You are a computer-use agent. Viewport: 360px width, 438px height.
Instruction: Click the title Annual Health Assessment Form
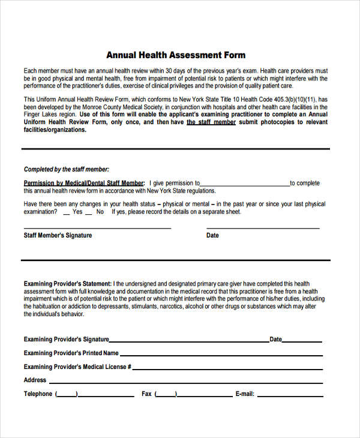click(x=176, y=55)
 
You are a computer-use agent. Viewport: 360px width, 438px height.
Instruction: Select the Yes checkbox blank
click(x=64, y=212)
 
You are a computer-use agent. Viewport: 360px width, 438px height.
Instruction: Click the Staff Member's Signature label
click(x=58, y=235)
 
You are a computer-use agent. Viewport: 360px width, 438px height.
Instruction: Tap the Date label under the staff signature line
click(x=212, y=235)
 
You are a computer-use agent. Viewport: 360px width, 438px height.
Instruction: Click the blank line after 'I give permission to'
click(x=245, y=184)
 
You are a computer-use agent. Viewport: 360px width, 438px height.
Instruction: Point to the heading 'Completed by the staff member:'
click(x=67, y=169)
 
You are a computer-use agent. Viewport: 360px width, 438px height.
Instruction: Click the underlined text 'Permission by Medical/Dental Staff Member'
click(x=84, y=183)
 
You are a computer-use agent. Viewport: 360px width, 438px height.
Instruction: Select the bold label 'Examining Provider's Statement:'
click(x=67, y=283)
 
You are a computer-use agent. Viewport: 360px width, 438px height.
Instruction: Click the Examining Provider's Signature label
click(x=66, y=339)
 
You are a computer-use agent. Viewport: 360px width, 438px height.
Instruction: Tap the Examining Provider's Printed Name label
click(x=71, y=353)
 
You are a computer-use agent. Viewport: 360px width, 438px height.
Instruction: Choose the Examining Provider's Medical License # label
click(x=77, y=367)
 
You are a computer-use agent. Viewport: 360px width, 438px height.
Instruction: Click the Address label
click(x=35, y=380)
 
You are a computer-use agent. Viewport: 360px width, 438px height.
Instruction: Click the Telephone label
click(x=38, y=394)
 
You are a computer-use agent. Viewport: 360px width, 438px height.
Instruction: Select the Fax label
click(x=146, y=394)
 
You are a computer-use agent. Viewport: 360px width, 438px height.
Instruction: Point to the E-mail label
click(x=245, y=394)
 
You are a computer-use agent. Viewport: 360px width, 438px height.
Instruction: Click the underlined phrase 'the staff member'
click(x=211, y=122)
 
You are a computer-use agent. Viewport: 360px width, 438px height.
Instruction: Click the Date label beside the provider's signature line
click(x=275, y=339)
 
